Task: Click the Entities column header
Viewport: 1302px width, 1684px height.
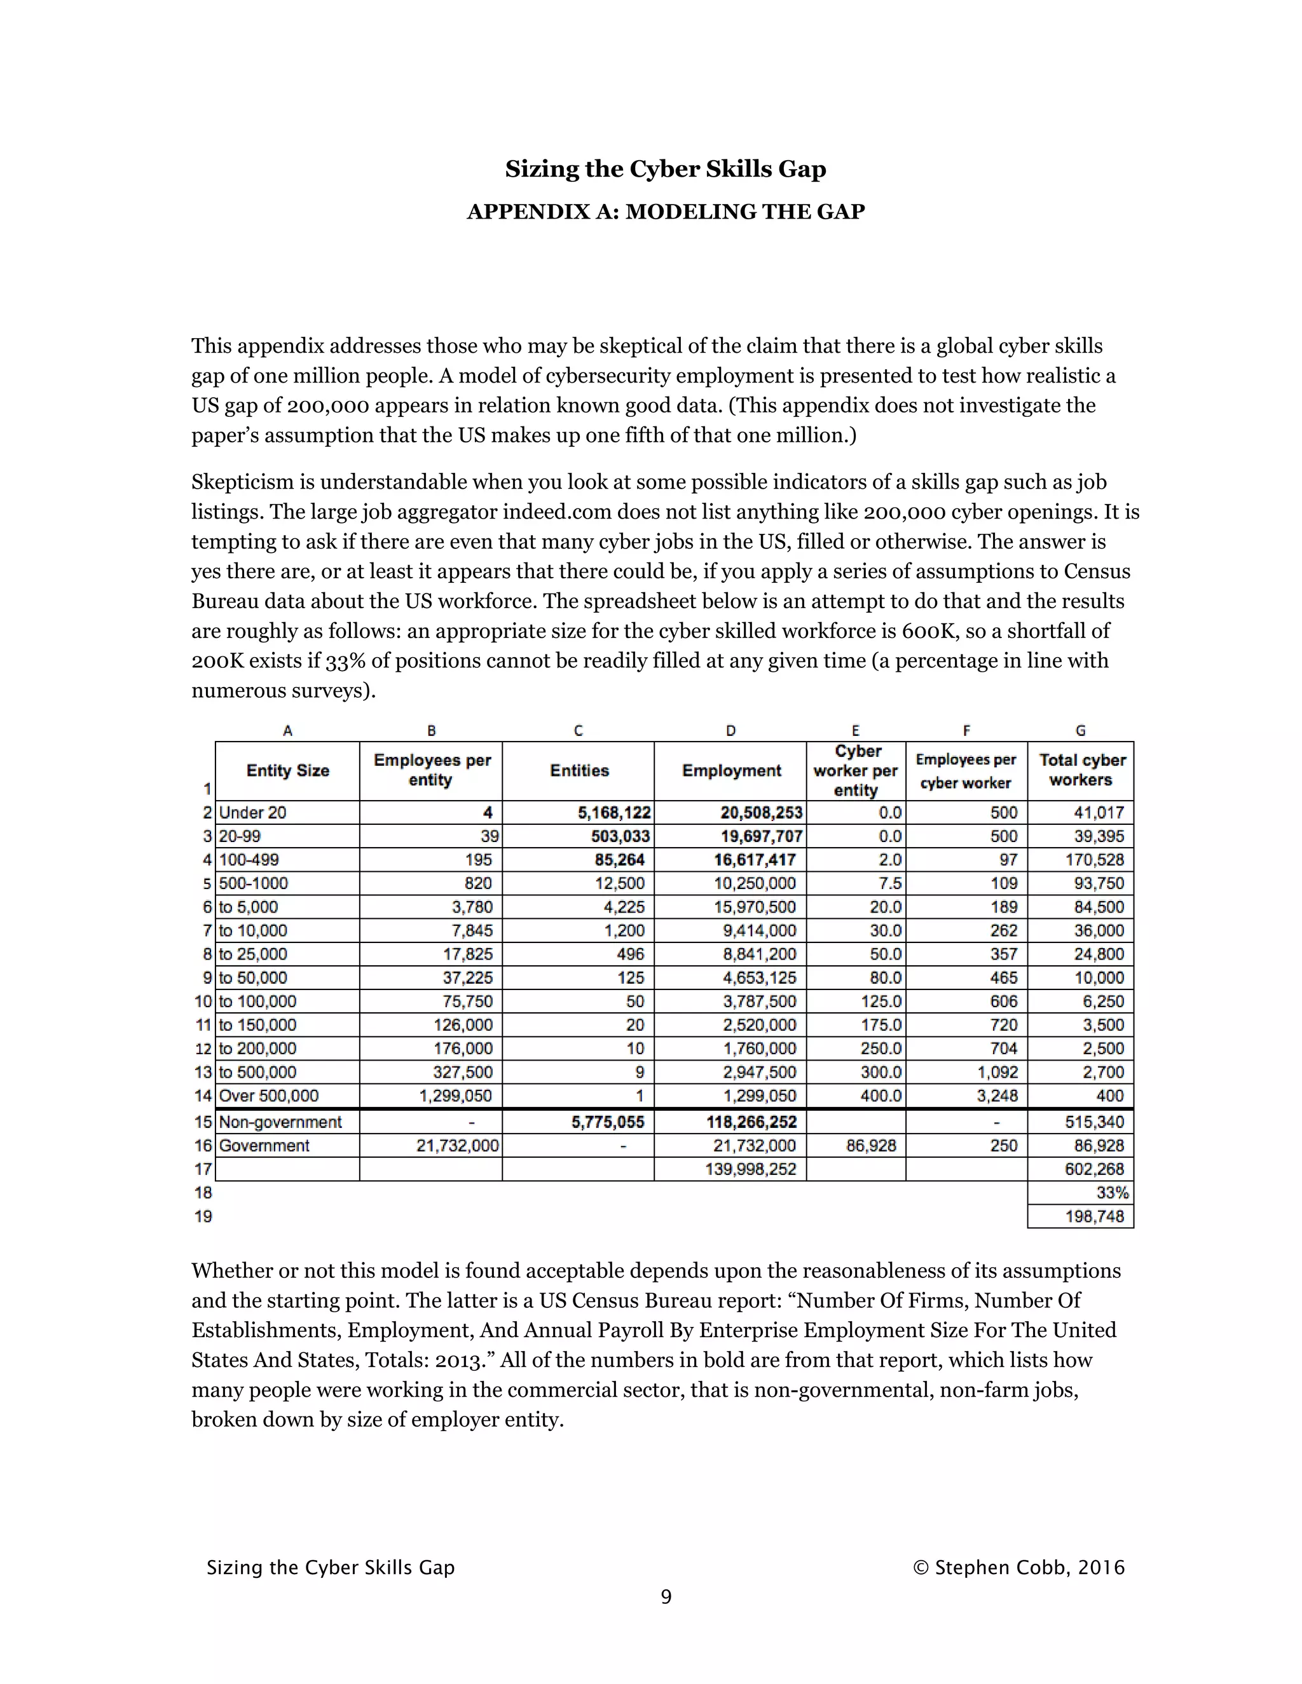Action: click(x=579, y=770)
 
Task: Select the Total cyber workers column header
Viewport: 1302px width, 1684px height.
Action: click(x=1081, y=770)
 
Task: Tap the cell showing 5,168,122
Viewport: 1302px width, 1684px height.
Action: click(x=614, y=813)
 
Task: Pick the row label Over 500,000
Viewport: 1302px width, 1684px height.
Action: click(x=268, y=1096)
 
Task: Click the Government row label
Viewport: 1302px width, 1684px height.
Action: click(x=264, y=1146)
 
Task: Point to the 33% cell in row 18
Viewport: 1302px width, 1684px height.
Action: click(x=1113, y=1193)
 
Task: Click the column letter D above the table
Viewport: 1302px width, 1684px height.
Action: click(x=730, y=730)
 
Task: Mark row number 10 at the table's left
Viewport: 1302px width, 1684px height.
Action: click(x=203, y=1002)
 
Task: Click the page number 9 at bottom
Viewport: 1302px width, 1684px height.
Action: click(x=666, y=1596)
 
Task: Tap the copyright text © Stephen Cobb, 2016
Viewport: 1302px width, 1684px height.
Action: click(x=1018, y=1568)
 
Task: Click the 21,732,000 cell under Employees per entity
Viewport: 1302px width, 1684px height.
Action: click(x=457, y=1146)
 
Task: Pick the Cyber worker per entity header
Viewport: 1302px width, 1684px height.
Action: click(x=856, y=770)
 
